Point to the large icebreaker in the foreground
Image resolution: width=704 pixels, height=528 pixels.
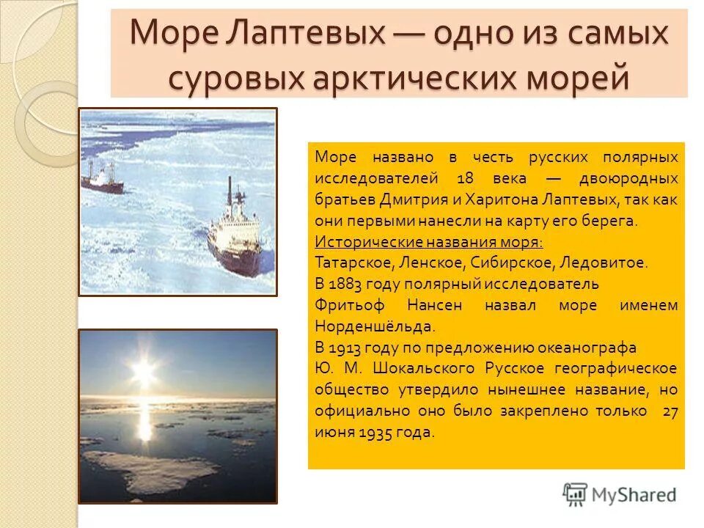(x=234, y=238)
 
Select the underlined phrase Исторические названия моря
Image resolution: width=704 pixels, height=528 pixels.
(x=429, y=242)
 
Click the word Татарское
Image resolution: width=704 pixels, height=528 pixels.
(x=350, y=263)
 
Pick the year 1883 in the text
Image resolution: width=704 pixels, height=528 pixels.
(x=347, y=284)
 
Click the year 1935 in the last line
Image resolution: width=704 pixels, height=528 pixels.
(x=373, y=432)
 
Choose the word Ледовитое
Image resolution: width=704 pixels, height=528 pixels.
(x=610, y=263)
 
